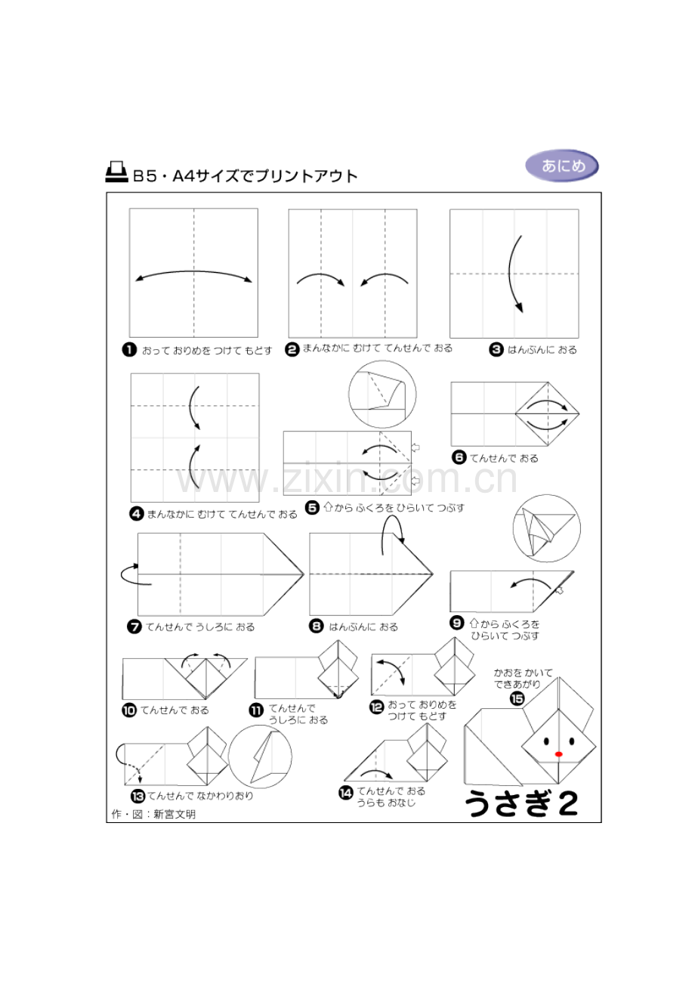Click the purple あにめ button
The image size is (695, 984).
click(561, 166)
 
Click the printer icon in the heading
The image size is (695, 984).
click(116, 172)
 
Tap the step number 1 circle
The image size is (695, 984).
click(129, 350)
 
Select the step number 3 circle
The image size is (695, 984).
click(496, 350)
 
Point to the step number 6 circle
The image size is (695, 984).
click(459, 457)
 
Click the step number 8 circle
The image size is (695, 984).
click(316, 627)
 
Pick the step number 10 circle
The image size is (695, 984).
click(129, 710)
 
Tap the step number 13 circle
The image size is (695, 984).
click(137, 796)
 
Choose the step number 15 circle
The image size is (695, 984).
click(517, 698)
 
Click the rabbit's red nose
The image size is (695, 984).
click(558, 754)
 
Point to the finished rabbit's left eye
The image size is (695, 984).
click(546, 741)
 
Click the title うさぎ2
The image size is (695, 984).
click(520, 803)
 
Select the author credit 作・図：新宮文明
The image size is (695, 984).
click(153, 814)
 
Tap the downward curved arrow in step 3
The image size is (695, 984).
click(514, 274)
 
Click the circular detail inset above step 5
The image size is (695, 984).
click(382, 394)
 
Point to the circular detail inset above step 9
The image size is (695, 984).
click(547, 528)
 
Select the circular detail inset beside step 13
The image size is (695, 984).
click(260, 757)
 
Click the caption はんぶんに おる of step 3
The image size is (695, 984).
click(542, 350)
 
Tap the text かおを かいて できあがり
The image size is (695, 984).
click(523, 678)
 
